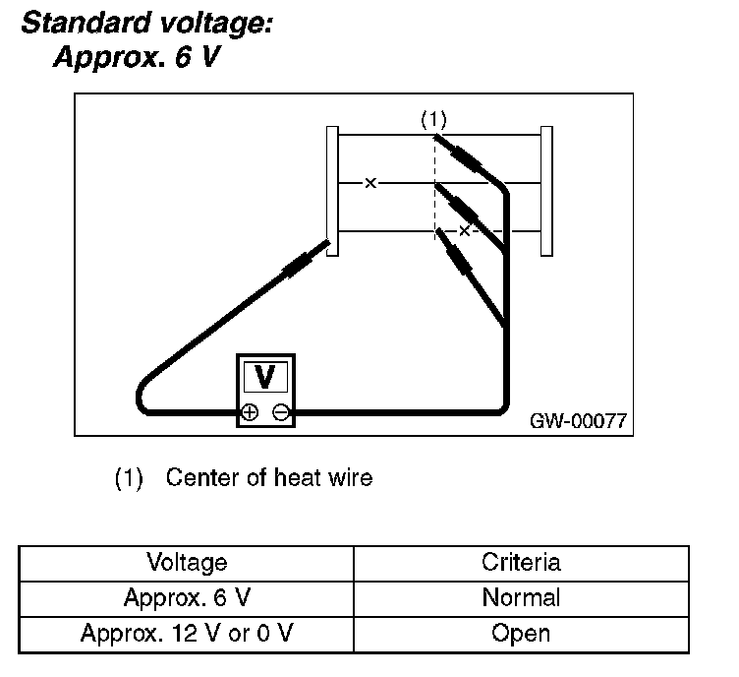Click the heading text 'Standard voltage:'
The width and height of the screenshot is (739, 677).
tap(146, 24)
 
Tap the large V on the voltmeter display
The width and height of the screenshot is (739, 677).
tap(263, 377)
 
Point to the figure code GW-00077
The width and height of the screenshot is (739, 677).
tap(578, 420)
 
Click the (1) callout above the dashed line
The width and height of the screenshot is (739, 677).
tap(433, 119)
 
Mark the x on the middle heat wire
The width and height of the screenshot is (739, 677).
tap(369, 183)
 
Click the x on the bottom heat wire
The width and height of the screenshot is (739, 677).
tap(465, 231)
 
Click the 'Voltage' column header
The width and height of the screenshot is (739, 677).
tap(187, 563)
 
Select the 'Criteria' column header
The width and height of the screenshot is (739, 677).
tap(521, 563)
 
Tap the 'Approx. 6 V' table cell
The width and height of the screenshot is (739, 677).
tap(187, 597)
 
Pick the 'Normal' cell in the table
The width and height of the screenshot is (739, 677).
tap(521, 597)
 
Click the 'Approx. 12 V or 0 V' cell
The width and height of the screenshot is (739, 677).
tap(187, 633)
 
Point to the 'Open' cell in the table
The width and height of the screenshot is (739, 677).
tap(521, 633)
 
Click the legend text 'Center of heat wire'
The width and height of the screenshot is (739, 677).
tap(269, 479)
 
